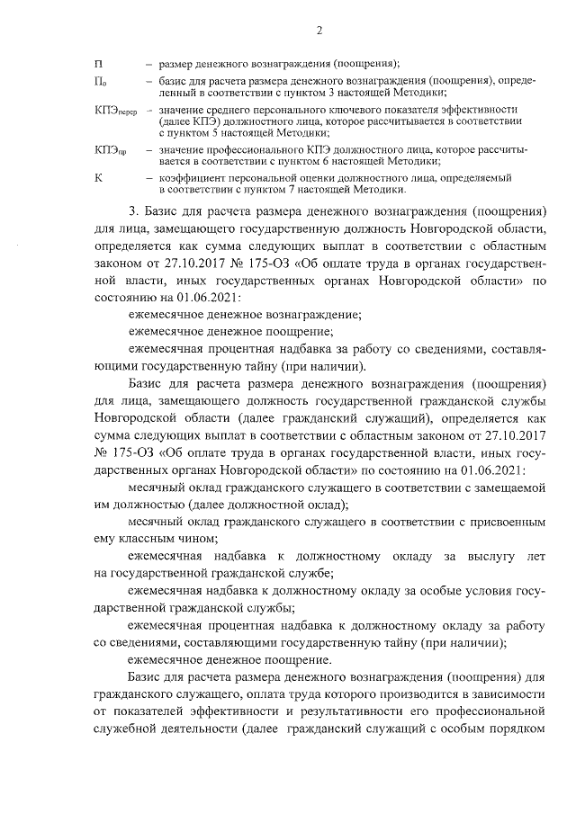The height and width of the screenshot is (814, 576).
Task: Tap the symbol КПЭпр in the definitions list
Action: coord(110,148)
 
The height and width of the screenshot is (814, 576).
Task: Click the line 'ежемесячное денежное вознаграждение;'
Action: coord(245,316)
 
